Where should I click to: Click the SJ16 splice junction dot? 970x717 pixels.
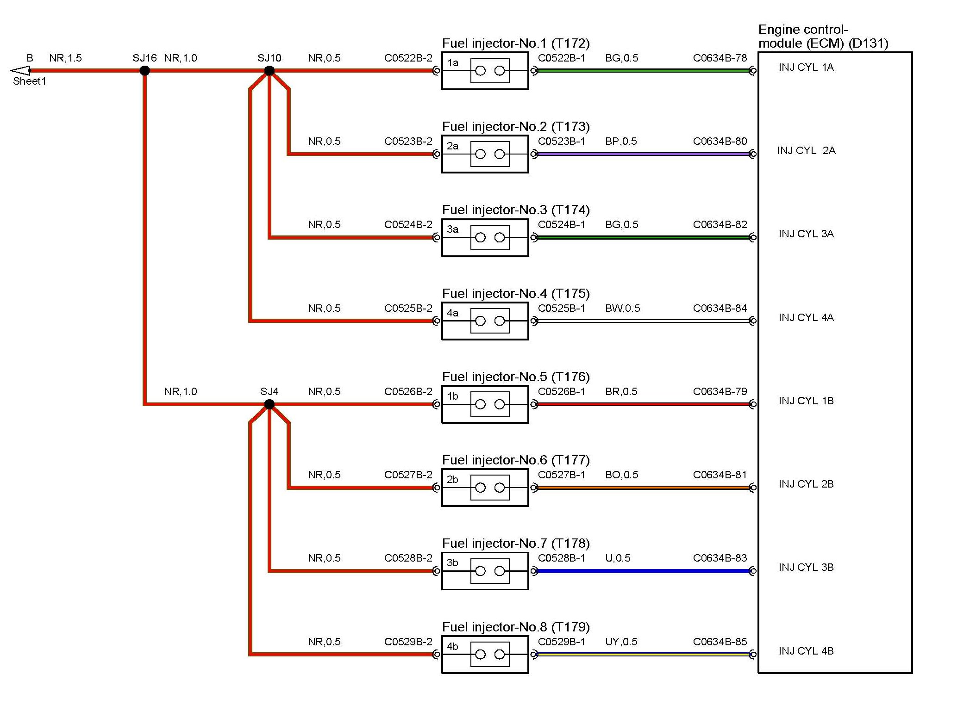[x=144, y=71]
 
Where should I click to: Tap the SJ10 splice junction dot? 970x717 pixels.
[x=269, y=71]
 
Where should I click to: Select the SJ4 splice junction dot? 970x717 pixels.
[x=269, y=404]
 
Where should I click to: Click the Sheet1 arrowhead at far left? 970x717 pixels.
[x=21, y=71]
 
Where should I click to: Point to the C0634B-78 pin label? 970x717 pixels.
[x=720, y=58]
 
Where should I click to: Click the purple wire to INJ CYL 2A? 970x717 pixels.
[x=644, y=154]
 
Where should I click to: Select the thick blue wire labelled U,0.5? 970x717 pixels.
[x=644, y=571]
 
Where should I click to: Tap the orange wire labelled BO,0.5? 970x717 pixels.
[x=644, y=488]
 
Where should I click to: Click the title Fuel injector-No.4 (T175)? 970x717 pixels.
[x=515, y=294]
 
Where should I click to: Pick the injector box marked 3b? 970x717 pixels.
[x=485, y=571]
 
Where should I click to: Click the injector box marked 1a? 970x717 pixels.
[x=485, y=71]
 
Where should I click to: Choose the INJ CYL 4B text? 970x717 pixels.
[x=806, y=651]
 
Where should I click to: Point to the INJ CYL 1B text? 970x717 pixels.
[x=806, y=401]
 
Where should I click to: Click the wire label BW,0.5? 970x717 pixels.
[x=622, y=309]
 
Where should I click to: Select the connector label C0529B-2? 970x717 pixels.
[x=408, y=642]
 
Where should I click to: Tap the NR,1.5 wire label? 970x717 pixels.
[x=65, y=58]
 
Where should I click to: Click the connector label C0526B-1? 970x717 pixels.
[x=561, y=392]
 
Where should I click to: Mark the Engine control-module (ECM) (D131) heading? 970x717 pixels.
[x=823, y=37]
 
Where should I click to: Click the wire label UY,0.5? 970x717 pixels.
[x=621, y=642]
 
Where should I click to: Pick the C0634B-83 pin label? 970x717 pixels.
[x=720, y=558]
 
